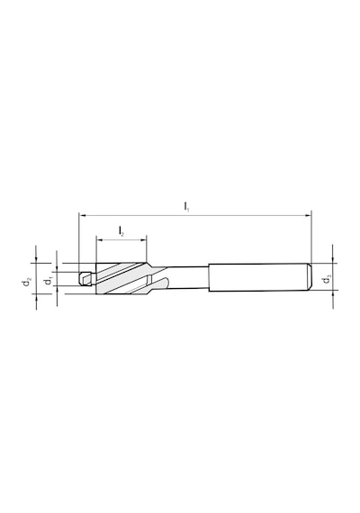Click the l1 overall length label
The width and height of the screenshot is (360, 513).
pyautogui.click(x=186, y=207)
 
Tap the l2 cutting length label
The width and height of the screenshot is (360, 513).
pyautogui.click(x=121, y=231)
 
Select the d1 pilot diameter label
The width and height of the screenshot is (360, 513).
pyautogui.click(x=49, y=281)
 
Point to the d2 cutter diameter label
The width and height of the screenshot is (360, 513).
pyautogui.click(x=27, y=282)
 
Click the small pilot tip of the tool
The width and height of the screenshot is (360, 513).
pyautogui.click(x=86, y=279)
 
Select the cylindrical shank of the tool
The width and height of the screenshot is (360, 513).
pyautogui.click(x=260, y=277)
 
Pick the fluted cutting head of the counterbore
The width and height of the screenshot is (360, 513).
pyautogui.click(x=121, y=278)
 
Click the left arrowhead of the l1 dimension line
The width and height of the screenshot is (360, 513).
pyautogui.click(x=82, y=216)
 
